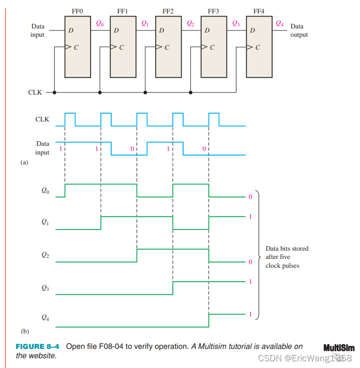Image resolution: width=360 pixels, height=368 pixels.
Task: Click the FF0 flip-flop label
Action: click(x=77, y=11)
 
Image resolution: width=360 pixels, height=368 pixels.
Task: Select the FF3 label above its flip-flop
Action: click(x=214, y=11)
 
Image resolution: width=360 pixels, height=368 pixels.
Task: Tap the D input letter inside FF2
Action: click(x=161, y=30)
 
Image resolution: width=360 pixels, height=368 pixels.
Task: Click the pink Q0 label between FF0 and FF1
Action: click(x=100, y=23)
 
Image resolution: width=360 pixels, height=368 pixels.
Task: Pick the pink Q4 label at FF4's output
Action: click(x=280, y=23)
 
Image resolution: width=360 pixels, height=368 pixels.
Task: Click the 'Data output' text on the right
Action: click(x=298, y=30)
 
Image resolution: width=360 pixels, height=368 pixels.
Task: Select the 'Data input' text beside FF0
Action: click(x=38, y=30)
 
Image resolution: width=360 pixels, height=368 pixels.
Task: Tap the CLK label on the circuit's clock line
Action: click(x=35, y=93)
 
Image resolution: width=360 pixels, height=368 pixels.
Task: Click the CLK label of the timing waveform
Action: click(x=42, y=119)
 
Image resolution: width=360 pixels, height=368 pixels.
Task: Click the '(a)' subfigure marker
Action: click(x=24, y=162)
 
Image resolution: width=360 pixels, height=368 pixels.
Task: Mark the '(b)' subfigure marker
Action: click(x=24, y=331)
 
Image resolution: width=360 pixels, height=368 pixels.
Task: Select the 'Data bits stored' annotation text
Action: click(x=287, y=249)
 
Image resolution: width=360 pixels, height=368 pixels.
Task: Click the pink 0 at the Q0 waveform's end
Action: click(x=250, y=197)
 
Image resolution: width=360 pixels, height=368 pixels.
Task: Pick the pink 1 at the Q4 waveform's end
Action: click(x=250, y=314)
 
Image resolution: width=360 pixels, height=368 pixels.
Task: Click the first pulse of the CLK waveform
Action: click(x=70, y=119)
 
